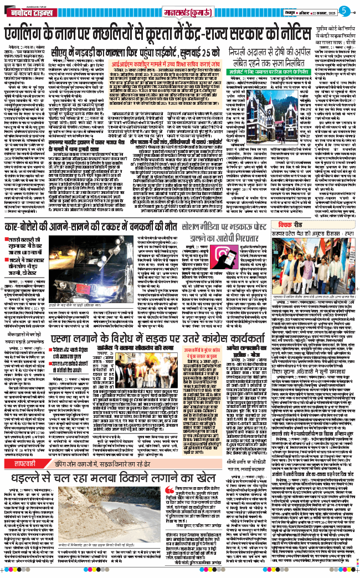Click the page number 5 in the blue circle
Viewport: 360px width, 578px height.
point(344,9)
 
